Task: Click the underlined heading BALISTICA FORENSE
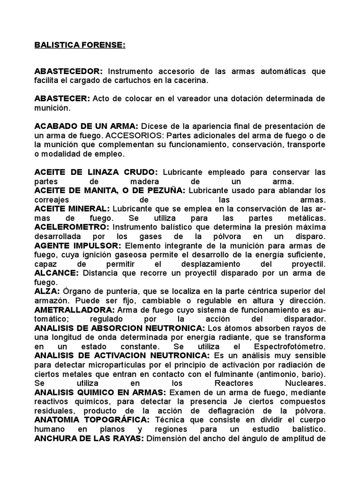(80, 46)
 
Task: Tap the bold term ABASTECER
(62, 99)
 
